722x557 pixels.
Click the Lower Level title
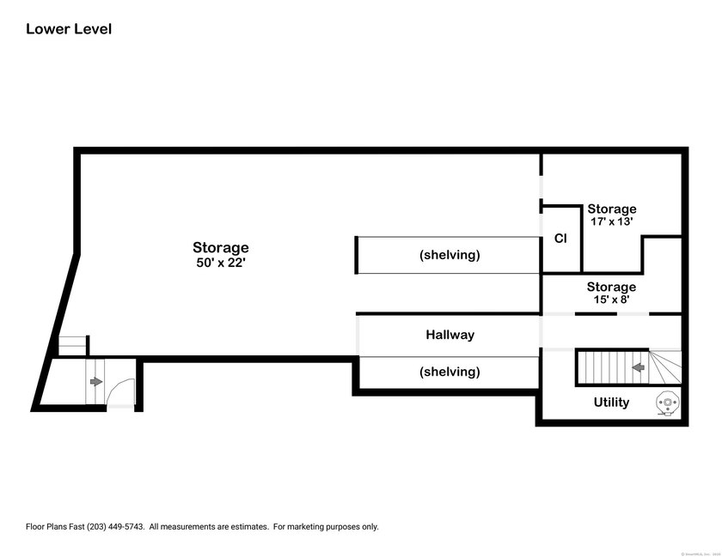pyautogui.click(x=69, y=29)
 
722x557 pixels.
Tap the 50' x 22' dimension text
pyautogui.click(x=221, y=263)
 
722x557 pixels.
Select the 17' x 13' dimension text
pyautogui.click(x=611, y=221)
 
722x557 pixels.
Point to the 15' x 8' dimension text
pyautogui.click(x=611, y=300)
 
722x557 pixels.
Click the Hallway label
pyautogui.click(x=450, y=335)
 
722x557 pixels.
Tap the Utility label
pyautogui.click(x=611, y=402)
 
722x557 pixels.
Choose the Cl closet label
pyautogui.click(x=560, y=239)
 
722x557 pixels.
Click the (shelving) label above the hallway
pyautogui.click(x=450, y=255)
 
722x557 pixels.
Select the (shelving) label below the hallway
pyautogui.click(x=450, y=372)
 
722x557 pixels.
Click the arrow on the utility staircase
pyautogui.click(x=638, y=367)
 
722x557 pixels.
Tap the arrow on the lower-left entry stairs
pyautogui.click(x=95, y=381)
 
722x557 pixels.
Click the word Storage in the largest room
pyautogui.click(x=221, y=248)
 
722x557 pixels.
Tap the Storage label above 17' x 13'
pyautogui.click(x=611, y=209)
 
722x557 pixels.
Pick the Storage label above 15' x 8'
pyautogui.click(x=611, y=287)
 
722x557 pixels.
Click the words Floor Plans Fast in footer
pyautogui.click(x=53, y=527)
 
